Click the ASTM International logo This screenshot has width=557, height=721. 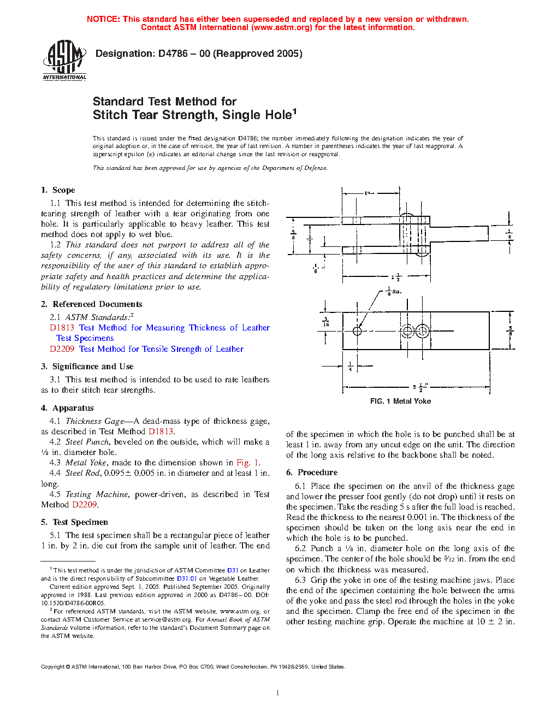point(64,61)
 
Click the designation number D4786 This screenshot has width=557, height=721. point(173,54)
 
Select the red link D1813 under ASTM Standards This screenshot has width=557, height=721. point(62,328)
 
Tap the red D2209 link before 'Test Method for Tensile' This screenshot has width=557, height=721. point(62,349)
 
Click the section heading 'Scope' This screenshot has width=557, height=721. point(63,190)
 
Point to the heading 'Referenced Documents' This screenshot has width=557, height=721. point(97,304)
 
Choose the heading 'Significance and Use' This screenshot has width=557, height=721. point(92,367)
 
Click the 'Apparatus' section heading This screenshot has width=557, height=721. point(73,408)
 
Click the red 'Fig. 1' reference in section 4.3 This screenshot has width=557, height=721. point(248,463)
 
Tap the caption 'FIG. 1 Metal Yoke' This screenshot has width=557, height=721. point(400,401)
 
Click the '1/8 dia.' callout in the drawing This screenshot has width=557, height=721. point(393,291)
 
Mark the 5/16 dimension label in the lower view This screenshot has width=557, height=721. point(326,322)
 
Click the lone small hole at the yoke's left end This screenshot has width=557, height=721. point(357,331)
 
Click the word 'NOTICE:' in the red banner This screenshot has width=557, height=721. point(103,19)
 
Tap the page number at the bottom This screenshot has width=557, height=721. point(278,693)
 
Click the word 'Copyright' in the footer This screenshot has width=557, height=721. point(52,666)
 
